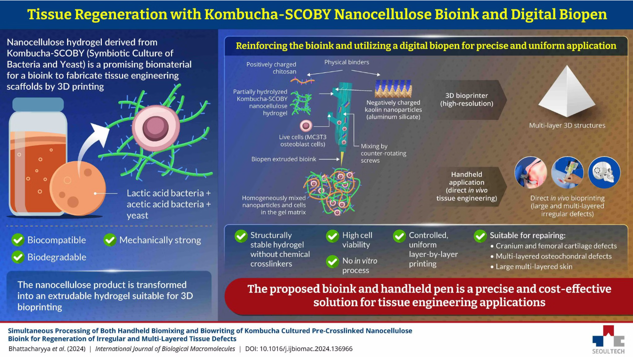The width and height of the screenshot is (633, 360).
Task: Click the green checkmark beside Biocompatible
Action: [x=18, y=240]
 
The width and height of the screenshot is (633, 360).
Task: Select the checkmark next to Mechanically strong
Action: [x=110, y=240]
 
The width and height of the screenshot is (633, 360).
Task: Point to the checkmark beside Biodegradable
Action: [x=18, y=257]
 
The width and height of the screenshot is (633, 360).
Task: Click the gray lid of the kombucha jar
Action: [x=38, y=104]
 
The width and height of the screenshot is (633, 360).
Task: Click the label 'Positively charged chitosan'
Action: [x=271, y=68]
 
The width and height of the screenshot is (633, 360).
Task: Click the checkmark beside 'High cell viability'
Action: [x=333, y=236]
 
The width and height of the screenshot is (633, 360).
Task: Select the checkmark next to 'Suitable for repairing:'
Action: [x=480, y=236]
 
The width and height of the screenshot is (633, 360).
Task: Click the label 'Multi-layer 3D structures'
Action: [x=567, y=125]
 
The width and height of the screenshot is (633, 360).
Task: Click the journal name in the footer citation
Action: [x=165, y=349]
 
